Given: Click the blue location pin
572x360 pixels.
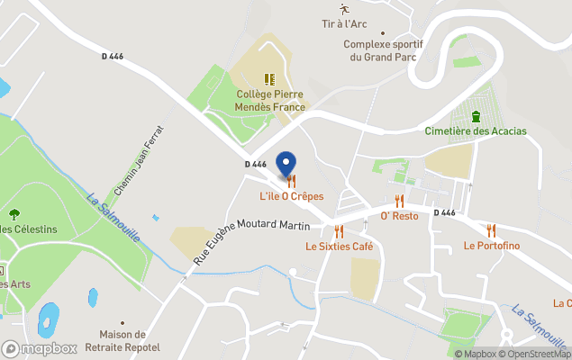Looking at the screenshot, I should click(x=286, y=165).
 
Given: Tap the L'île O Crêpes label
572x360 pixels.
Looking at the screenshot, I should click(x=291, y=196).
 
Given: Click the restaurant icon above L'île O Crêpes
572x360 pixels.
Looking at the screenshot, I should click(x=291, y=182).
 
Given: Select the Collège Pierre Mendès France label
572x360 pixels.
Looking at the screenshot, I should click(x=269, y=100).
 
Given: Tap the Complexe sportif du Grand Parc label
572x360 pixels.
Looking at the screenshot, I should click(x=383, y=50).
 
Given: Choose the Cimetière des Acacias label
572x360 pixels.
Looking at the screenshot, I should click(x=476, y=131).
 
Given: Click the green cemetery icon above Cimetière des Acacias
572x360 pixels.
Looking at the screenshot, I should click(x=476, y=115).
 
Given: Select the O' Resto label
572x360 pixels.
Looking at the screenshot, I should click(x=399, y=216).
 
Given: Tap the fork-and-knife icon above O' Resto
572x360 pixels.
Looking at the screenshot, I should click(x=399, y=202).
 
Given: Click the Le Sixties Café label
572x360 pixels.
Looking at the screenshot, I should click(x=339, y=246).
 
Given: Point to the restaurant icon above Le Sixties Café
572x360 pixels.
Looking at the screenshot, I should click(x=339, y=231).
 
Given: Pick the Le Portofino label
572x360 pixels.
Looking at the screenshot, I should click(x=492, y=246).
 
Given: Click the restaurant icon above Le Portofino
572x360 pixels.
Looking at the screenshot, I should click(x=492, y=230).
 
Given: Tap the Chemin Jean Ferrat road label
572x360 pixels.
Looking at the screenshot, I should click(x=139, y=160).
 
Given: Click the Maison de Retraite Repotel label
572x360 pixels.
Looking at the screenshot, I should click(x=123, y=341).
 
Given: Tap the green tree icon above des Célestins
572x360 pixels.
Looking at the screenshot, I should click(x=14, y=214).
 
